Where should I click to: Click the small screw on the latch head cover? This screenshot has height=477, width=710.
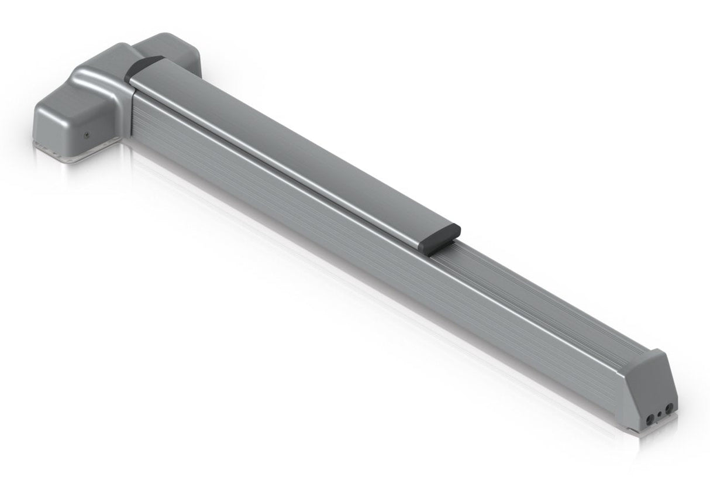click(x=86, y=134)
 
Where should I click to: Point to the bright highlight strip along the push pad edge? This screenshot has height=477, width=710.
click(x=281, y=164)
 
